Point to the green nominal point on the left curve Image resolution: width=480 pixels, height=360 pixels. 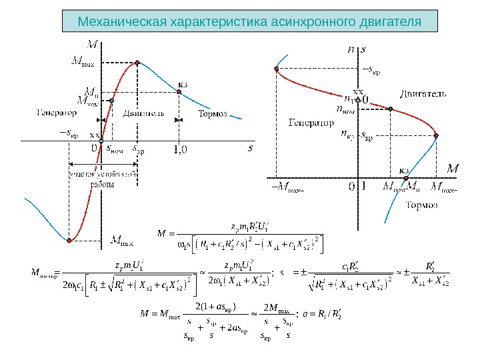(x=112, y=100)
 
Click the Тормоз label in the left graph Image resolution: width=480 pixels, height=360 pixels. (x=213, y=114)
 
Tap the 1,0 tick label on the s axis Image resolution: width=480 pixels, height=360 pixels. (x=180, y=150)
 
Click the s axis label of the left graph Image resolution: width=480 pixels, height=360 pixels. (x=250, y=148)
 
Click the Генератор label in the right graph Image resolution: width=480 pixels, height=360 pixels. (x=311, y=123)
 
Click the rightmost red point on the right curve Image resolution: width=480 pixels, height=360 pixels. (x=437, y=136)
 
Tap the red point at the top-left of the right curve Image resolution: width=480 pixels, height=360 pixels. (x=276, y=68)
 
